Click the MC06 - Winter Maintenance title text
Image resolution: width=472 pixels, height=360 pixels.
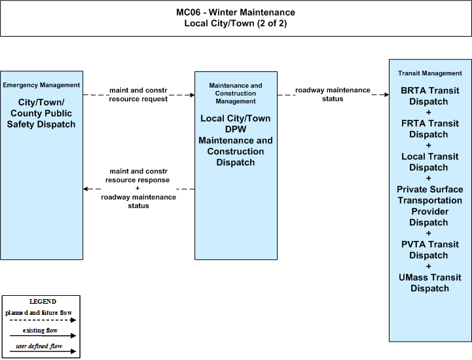pos(236,12)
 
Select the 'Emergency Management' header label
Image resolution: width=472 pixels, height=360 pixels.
pos(41,85)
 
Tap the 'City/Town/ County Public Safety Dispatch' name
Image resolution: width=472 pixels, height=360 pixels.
pos(41,113)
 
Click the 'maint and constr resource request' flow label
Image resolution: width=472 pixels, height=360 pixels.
pos(138,94)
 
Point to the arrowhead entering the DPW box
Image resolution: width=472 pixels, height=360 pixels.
pos(192,95)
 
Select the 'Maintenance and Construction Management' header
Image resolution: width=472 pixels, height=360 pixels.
pos(236,94)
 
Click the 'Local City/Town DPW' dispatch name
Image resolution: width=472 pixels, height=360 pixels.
pos(236,124)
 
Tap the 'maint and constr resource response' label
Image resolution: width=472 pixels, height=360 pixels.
pos(138,175)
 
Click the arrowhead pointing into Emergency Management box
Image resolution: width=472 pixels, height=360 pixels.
pos(86,189)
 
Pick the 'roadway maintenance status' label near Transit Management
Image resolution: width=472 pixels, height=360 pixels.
pos(333,94)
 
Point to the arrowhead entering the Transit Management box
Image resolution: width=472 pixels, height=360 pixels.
pos(386,94)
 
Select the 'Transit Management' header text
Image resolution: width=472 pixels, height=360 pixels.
pos(430,73)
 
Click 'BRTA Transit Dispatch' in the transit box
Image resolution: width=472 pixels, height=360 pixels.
pos(430,96)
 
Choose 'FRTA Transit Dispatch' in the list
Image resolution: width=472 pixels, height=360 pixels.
pos(430,129)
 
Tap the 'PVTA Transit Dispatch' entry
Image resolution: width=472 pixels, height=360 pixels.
pos(430,250)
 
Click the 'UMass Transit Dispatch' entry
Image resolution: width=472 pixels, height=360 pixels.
pos(430,283)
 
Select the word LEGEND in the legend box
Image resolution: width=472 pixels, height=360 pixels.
pos(43,302)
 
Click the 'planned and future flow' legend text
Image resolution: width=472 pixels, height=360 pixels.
pos(39,313)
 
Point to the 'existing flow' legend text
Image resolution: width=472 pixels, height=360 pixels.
pos(41,330)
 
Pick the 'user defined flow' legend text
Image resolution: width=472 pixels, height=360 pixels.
pos(39,346)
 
